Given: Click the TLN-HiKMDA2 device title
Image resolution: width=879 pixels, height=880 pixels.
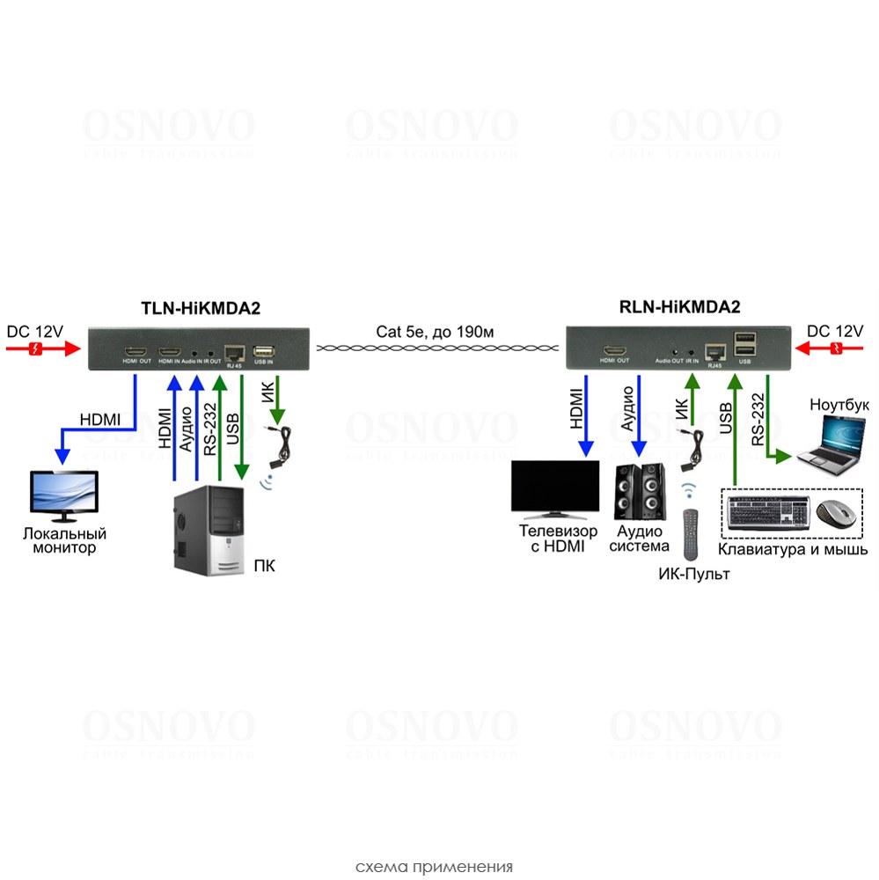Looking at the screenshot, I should [201, 308].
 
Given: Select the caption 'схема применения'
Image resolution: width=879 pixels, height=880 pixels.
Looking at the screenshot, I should [434, 865].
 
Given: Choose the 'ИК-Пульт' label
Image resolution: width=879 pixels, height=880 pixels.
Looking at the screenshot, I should [694, 575].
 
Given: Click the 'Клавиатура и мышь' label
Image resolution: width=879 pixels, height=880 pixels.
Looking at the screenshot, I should [793, 550].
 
